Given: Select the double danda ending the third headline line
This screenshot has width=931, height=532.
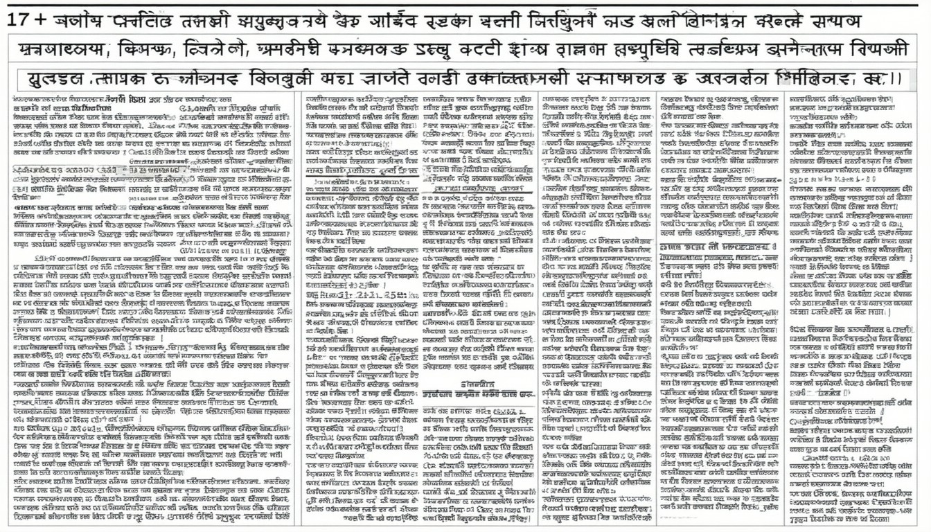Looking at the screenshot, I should click(x=896, y=79).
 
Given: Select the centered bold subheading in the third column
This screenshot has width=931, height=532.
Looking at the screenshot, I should click(x=479, y=384).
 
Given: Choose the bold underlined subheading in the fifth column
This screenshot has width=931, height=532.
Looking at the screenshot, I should click(x=718, y=247).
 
